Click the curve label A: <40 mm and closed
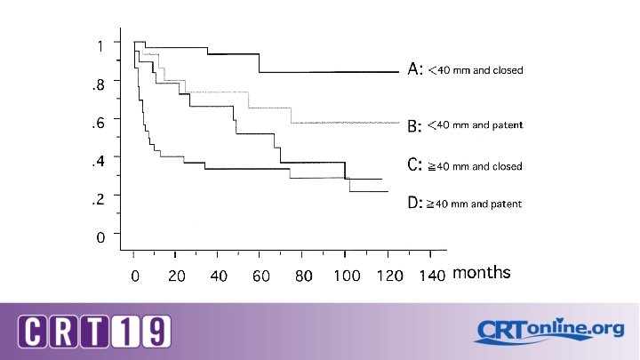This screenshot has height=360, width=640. pyautogui.click(x=465, y=69)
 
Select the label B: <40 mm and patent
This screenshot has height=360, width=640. pyautogui.click(x=465, y=125)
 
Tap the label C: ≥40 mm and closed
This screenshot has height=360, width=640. pyautogui.click(x=465, y=165)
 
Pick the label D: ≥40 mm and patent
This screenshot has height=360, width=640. pyautogui.click(x=464, y=204)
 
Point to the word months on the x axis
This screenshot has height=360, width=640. pyautogui.click(x=482, y=272)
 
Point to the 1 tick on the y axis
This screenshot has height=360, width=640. pyautogui.click(x=100, y=44)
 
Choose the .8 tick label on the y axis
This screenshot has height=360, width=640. pyautogui.click(x=99, y=84)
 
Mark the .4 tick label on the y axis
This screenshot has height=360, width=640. pyautogui.click(x=99, y=160)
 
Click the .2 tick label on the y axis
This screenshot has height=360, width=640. pyautogui.click(x=99, y=199)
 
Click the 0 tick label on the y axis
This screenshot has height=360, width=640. pyautogui.click(x=101, y=237)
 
